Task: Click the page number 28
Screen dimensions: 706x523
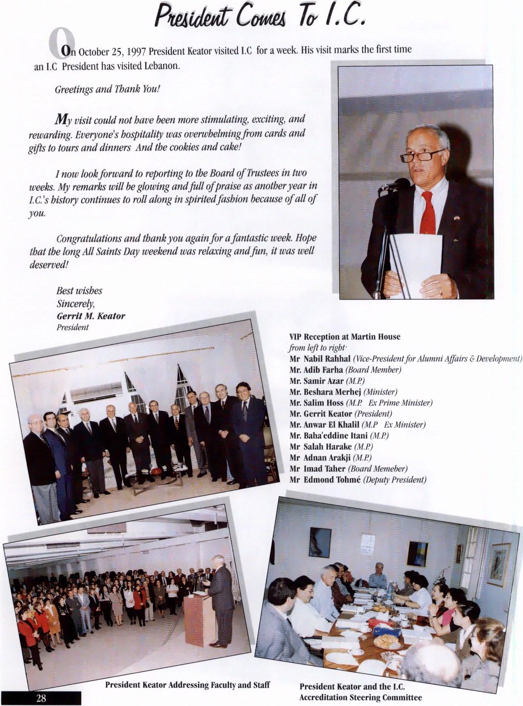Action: tap(41, 698)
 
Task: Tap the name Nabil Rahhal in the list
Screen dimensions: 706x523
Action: tap(326, 359)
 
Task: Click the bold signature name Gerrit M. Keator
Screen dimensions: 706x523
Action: tap(91, 316)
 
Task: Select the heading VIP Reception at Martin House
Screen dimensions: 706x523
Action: tap(345, 337)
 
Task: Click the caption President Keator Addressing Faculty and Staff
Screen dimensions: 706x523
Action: tap(187, 685)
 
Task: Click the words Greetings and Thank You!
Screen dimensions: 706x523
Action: tap(107, 89)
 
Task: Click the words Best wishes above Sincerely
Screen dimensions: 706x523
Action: tap(79, 290)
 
